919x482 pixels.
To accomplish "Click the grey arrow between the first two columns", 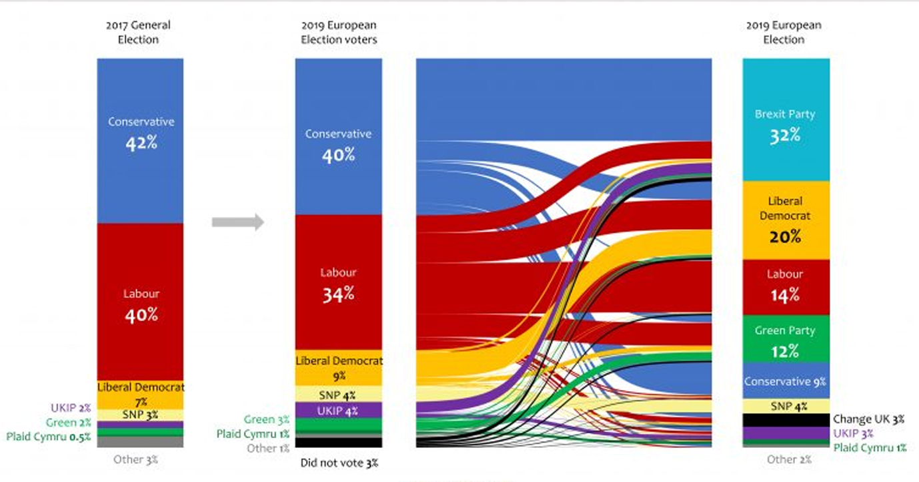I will pyautogui.click(x=237, y=222).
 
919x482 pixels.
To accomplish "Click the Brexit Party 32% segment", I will pyautogui.click(x=786, y=120).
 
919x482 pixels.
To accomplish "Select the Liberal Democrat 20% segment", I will pyautogui.click(x=786, y=220).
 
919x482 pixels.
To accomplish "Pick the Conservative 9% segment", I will pyautogui.click(x=786, y=382).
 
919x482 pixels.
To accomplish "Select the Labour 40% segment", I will pyautogui.click(x=141, y=304).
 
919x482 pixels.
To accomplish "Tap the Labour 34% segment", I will pyautogui.click(x=338, y=284).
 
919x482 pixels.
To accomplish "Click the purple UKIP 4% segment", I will pyautogui.click(x=338, y=410).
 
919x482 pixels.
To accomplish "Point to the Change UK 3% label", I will pyautogui.click(x=868, y=420).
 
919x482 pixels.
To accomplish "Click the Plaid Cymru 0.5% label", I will pyautogui.click(x=48, y=437).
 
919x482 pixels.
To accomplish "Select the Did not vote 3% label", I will pyautogui.click(x=338, y=462).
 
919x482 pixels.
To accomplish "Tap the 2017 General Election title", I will pyautogui.click(x=138, y=32).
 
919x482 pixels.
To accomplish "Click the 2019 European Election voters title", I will pyautogui.click(x=338, y=32).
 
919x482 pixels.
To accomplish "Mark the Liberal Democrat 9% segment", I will pyautogui.click(x=338, y=368).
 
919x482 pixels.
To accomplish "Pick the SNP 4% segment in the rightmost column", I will pyautogui.click(x=786, y=406).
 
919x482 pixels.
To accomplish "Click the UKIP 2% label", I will pyautogui.click(x=71, y=408).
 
